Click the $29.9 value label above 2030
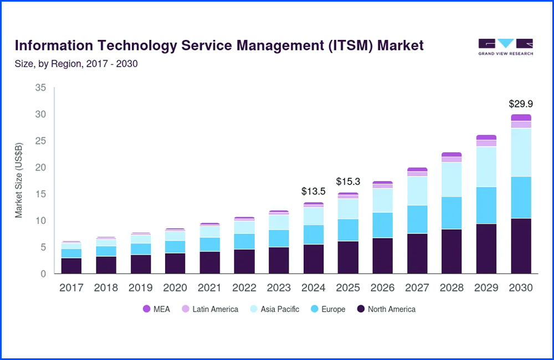521,104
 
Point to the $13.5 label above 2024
313,191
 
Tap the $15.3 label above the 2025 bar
348,182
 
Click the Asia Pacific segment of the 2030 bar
521,152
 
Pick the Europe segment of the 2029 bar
486,205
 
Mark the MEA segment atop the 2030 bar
521,117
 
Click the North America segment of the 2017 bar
71,265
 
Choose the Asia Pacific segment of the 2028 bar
452,179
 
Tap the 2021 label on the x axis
209,288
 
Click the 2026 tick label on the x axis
383,288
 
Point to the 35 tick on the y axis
40,88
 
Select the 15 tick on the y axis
40,194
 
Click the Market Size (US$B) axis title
19,180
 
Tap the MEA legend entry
157,309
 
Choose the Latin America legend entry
210,309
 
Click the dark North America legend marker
361,309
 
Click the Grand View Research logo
505,47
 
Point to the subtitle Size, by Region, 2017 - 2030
76,64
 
